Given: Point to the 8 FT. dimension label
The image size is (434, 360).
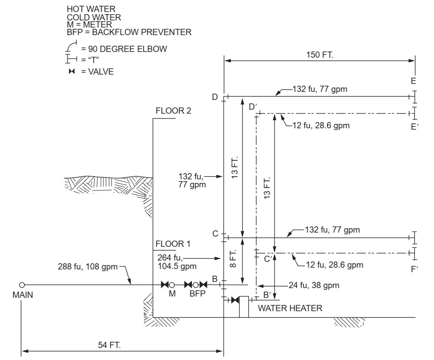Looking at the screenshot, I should pos(235,259).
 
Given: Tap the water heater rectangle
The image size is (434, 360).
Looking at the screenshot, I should pos(244,307).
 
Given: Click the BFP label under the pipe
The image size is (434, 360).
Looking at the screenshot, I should pos(195,294).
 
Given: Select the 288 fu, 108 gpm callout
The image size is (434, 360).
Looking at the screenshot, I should pos(80,268).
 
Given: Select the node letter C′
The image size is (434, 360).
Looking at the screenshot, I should pos(268,259).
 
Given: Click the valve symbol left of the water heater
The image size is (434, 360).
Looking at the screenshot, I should pos(233,301).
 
